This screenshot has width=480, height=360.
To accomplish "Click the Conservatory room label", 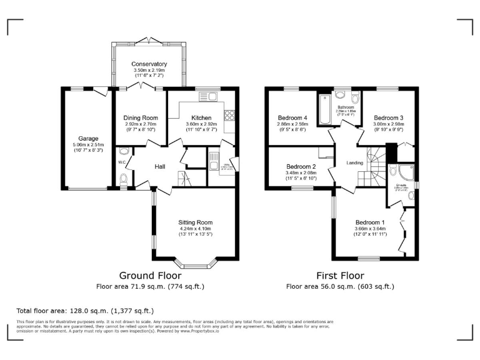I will [x=149, y=64].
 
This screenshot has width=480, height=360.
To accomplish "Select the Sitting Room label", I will [x=196, y=222].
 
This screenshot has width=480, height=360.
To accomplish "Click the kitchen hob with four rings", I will [x=229, y=116].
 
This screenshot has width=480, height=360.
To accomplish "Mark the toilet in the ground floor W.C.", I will [x=123, y=179].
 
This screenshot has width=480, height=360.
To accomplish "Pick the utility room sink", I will [x=213, y=157].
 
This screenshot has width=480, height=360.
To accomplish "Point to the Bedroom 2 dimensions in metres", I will [x=301, y=172].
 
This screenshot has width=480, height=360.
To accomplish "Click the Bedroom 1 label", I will [x=370, y=222].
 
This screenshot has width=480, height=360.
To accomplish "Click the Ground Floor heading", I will [x=150, y=275].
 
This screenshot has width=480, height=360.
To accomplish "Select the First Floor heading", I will [x=340, y=275].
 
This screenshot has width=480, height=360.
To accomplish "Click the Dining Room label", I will [x=141, y=117].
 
